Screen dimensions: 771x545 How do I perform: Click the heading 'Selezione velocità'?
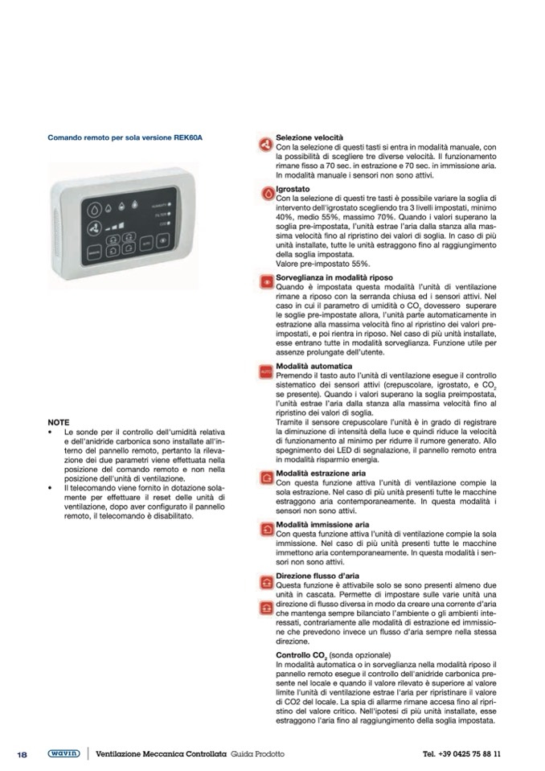[309, 138]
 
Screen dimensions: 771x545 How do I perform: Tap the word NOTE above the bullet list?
[59, 422]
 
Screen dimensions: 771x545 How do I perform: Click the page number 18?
[23, 754]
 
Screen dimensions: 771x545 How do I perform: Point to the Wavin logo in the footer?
[64, 753]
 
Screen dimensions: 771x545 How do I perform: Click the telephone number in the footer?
[461, 754]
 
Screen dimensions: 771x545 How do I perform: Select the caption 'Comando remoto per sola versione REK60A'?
[125, 137]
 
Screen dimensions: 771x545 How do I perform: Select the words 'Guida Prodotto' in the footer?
[257, 754]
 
